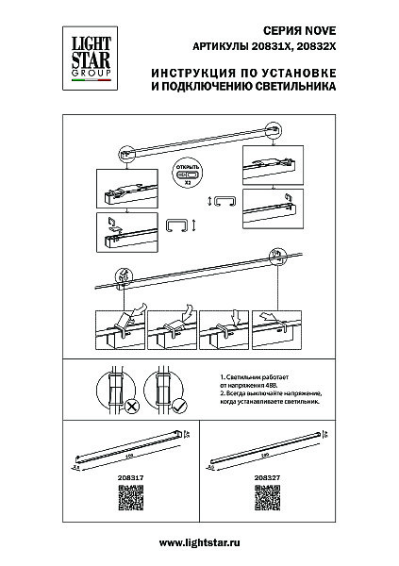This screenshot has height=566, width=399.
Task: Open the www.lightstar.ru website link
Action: coord(199,541)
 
